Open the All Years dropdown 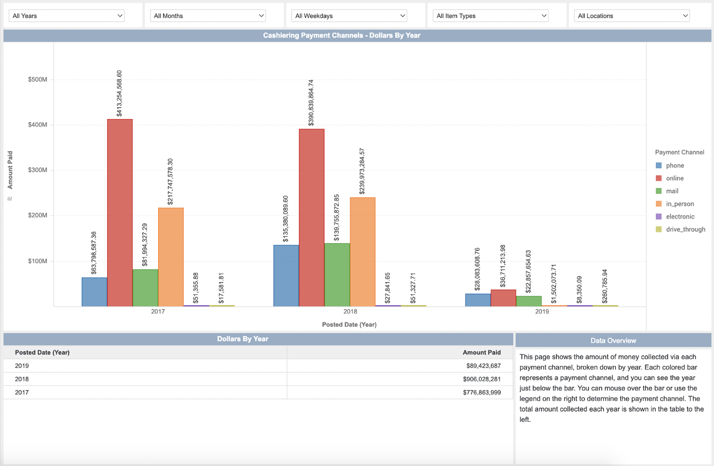click(x=67, y=16)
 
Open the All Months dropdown click(x=208, y=16)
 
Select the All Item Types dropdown click(x=491, y=16)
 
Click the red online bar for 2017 click(x=120, y=213)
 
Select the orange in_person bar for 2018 click(x=363, y=252)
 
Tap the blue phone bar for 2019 click(x=478, y=300)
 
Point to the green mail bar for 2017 click(x=145, y=288)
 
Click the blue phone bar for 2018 click(x=286, y=276)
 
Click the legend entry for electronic click(x=680, y=217)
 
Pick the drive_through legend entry click(x=685, y=229)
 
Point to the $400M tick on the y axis click(x=38, y=125)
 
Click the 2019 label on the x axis click(x=542, y=311)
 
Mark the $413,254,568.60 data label click(x=119, y=94)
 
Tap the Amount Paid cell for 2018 click(x=481, y=379)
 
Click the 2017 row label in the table click(x=22, y=392)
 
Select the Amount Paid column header click(x=481, y=353)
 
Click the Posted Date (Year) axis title click(x=349, y=325)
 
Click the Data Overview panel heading click(x=613, y=340)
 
